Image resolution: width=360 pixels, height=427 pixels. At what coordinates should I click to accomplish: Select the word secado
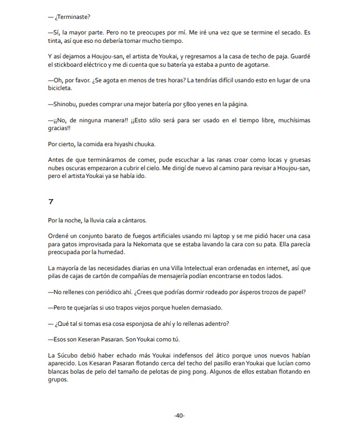coord(295,33)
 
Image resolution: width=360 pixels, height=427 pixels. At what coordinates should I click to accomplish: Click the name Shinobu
coord(68,104)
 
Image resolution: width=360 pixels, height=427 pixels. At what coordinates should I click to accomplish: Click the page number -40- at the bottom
coord(179,415)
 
